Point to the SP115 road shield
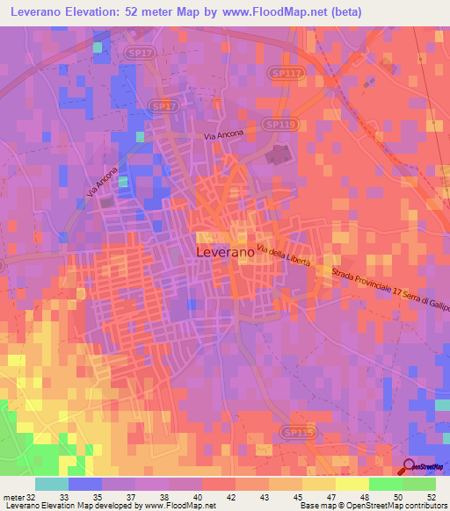click(x=296, y=432)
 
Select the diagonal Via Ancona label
click(x=101, y=182)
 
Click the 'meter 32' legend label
click(x=18, y=496)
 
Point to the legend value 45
click(x=286, y=496)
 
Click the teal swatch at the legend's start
click(x=52, y=484)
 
